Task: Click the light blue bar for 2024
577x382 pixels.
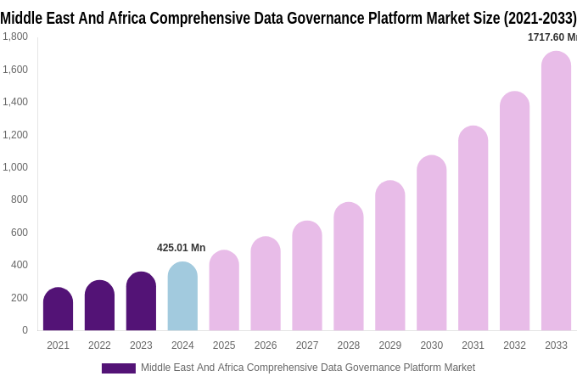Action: pyautogui.click(x=182, y=296)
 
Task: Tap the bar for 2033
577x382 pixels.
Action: pyautogui.click(x=556, y=191)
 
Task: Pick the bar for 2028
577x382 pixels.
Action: pyautogui.click(x=348, y=267)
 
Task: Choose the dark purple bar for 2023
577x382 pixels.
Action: pyautogui.click(x=141, y=301)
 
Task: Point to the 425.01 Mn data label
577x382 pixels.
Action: pyautogui.click(x=181, y=248)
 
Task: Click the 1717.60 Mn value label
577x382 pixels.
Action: pyautogui.click(x=552, y=37)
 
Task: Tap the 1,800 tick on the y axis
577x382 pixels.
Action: pyautogui.click(x=14, y=37)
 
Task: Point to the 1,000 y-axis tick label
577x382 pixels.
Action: pyautogui.click(x=14, y=167)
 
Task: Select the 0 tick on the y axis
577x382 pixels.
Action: pyautogui.click(x=25, y=330)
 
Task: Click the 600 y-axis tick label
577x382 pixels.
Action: pyautogui.click(x=19, y=233)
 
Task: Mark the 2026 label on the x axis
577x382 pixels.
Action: pyautogui.click(x=266, y=345)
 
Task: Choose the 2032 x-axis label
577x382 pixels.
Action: pyautogui.click(x=514, y=345)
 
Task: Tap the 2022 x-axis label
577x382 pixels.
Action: pyautogui.click(x=99, y=345)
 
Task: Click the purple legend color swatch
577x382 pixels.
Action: pyautogui.click(x=118, y=368)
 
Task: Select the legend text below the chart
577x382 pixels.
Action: pyautogui.click(x=308, y=368)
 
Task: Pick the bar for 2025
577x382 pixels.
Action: pyautogui.click(x=224, y=290)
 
